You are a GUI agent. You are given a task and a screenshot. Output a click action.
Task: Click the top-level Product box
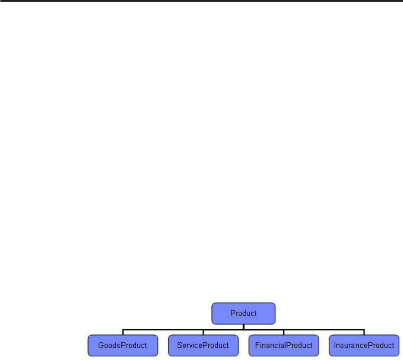point(243,313)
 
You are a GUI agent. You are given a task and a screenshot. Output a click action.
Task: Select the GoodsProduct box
point(123,345)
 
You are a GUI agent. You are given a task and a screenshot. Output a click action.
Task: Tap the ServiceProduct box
point(203,345)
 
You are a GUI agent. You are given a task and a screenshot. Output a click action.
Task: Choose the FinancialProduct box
point(284,345)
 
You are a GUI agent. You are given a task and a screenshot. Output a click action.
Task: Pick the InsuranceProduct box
point(364,345)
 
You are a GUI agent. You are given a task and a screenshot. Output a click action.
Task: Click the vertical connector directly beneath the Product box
point(243,326)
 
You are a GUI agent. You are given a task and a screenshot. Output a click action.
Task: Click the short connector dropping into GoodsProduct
point(123,332)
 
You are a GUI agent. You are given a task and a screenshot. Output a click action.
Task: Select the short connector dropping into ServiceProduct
point(203,332)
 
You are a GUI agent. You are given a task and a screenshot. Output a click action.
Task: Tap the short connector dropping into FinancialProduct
point(284,332)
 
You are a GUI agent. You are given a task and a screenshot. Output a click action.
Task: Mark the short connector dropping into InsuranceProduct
point(364,332)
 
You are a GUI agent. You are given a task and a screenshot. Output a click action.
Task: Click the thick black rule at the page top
point(201,1)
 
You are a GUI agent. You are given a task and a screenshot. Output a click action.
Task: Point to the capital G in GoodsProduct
point(101,346)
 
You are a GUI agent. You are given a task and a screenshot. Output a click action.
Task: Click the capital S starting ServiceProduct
point(179,346)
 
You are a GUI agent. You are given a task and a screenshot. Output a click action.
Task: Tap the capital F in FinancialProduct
point(257,346)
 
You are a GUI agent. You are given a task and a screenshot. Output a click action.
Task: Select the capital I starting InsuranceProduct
point(335,346)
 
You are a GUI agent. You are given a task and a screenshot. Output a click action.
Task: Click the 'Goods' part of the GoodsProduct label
point(108,346)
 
